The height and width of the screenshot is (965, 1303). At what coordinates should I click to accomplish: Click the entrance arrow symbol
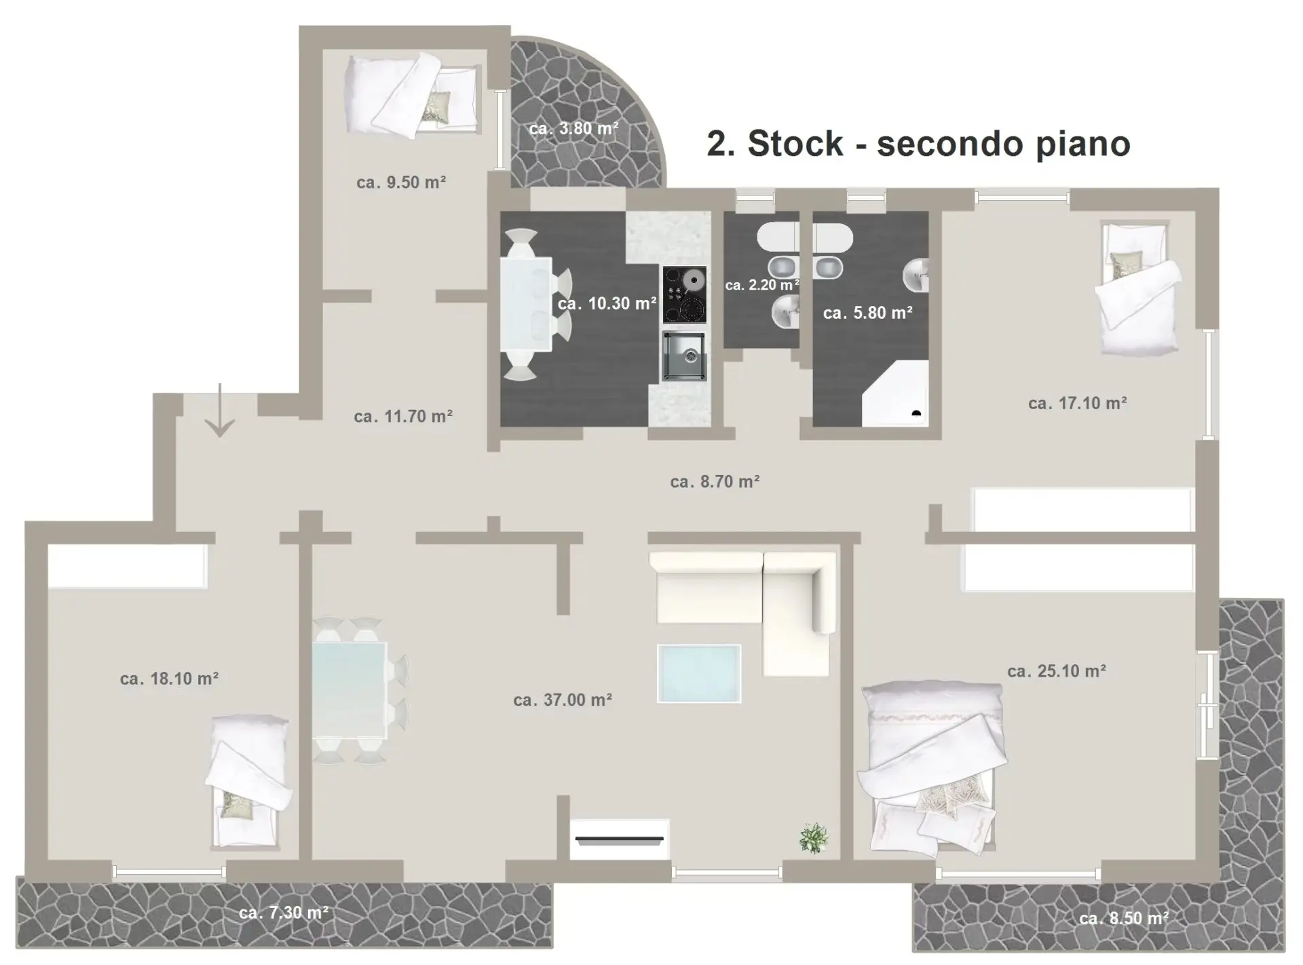click(219, 411)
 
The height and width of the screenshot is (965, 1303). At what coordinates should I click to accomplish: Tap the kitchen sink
click(684, 356)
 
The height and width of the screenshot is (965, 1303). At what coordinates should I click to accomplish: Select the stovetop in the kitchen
click(685, 295)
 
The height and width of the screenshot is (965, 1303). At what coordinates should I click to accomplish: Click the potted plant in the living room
click(813, 837)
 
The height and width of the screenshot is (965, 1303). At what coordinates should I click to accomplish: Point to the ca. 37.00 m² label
click(563, 700)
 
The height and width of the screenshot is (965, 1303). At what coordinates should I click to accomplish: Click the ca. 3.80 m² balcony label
click(573, 128)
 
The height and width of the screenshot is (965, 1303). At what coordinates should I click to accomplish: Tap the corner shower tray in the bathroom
click(894, 394)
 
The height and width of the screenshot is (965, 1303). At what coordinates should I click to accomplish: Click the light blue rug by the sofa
click(699, 673)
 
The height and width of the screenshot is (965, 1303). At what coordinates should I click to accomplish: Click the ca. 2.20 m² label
click(761, 285)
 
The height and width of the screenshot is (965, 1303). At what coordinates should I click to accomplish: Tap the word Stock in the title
click(795, 143)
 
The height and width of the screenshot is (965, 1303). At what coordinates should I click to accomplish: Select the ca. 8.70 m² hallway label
click(715, 482)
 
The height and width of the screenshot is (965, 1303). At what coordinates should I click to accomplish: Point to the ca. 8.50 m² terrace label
click(1124, 918)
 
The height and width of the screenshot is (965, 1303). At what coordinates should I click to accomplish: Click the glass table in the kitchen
click(526, 303)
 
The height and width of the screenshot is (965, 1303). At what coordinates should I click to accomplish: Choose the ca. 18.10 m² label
click(169, 679)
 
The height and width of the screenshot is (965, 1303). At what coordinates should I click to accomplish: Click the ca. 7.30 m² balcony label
click(284, 913)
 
